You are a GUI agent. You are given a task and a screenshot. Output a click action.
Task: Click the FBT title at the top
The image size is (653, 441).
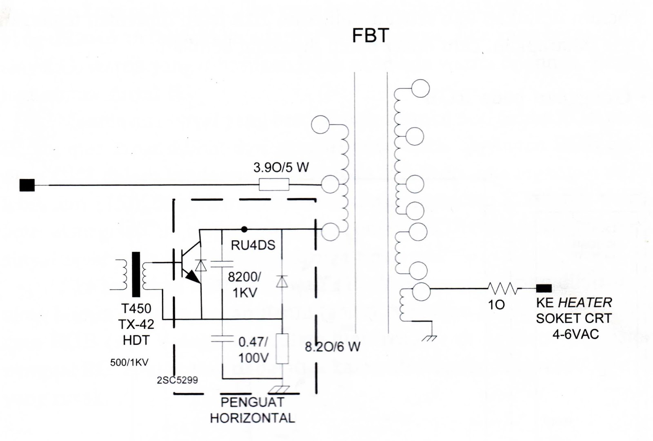click(x=370, y=35)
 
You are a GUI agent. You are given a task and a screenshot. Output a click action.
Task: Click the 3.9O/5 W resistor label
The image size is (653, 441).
click(x=281, y=167)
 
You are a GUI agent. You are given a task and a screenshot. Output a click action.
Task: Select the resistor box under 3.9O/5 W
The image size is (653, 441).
click(x=274, y=185)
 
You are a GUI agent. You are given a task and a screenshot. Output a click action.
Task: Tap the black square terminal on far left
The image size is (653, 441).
click(x=27, y=185)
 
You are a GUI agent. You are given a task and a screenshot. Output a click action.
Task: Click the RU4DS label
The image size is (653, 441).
click(x=253, y=245)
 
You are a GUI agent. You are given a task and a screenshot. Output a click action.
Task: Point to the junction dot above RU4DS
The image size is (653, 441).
click(x=244, y=229)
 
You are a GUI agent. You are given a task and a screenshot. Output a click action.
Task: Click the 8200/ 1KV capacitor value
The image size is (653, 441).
click(x=244, y=284)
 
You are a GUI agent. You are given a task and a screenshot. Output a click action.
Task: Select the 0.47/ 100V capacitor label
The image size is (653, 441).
click(x=253, y=350)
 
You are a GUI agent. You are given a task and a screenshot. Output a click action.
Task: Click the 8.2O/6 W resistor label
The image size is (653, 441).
click(x=333, y=347)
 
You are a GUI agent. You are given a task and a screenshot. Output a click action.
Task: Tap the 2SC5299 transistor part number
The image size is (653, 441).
click(x=177, y=380)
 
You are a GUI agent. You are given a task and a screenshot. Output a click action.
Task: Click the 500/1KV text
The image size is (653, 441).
click(x=129, y=362)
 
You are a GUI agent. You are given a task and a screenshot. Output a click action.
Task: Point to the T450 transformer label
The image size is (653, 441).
click(x=136, y=308)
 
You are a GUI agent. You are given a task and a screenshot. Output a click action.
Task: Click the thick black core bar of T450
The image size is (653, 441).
click(x=136, y=274)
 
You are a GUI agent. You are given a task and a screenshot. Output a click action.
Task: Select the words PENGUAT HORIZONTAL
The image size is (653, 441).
click(x=252, y=410)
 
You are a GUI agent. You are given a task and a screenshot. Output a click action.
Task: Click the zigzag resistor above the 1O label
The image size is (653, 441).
click(x=503, y=289)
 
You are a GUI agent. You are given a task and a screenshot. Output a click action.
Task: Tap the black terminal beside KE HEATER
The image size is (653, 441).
click(x=543, y=288)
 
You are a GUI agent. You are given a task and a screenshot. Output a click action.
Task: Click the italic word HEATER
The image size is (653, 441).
click(x=585, y=303)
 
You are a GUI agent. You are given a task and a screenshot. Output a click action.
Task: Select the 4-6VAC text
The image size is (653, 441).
click(x=575, y=334)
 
